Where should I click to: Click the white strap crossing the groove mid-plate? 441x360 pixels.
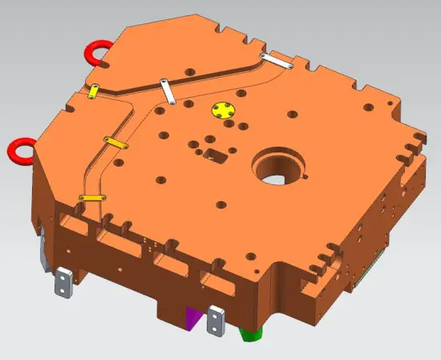167,91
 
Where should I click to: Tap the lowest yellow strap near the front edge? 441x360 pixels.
92,197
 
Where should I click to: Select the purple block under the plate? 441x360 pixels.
193,318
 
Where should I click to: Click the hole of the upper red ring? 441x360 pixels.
96,52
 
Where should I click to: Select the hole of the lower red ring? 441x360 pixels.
20,150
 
